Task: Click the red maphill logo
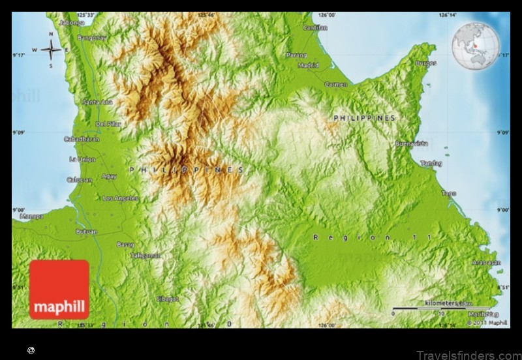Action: coord(59,289)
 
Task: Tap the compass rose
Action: coord(51,49)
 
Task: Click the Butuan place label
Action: coord(86,232)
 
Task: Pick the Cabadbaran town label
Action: coord(82,139)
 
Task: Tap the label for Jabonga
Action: coord(72,22)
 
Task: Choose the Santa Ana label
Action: coord(97,102)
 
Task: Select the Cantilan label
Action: coord(315,27)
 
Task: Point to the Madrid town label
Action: coord(308,65)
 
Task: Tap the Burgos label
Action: coord(425,63)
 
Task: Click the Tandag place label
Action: coord(431,163)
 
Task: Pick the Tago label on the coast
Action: coord(448,193)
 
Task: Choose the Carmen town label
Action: coord(335,84)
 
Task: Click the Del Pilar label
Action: coord(108,123)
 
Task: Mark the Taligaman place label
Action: coord(145,255)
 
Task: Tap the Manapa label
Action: coord(31,216)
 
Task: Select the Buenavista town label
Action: coord(411,143)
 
